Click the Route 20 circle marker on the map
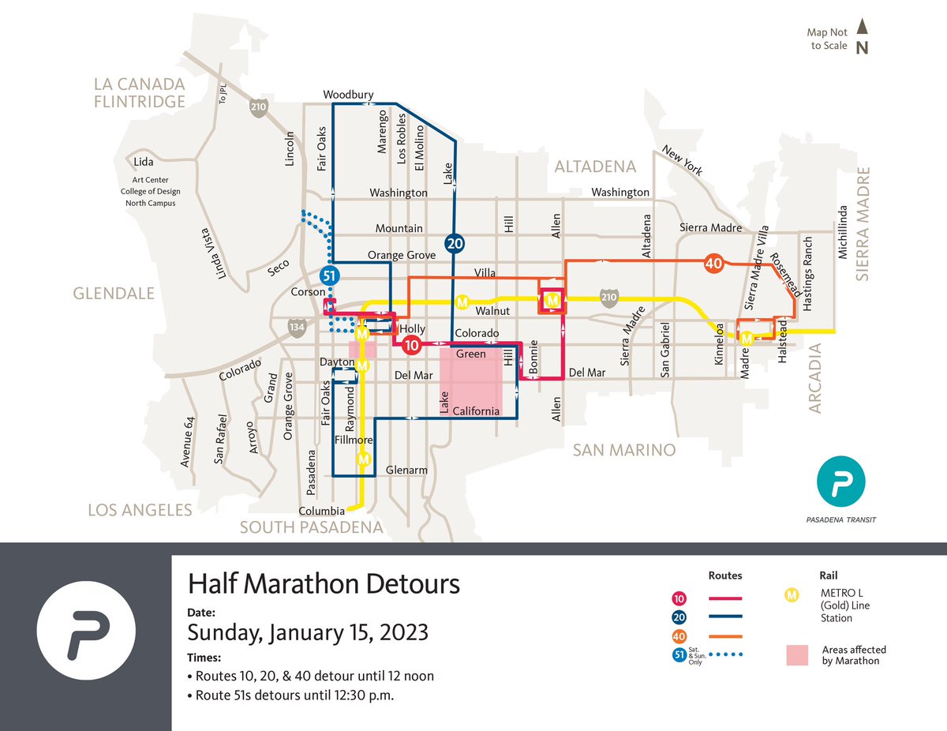pyautogui.click(x=455, y=243)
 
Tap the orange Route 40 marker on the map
pyautogui.click(x=713, y=264)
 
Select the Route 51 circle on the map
pyautogui.click(x=330, y=276)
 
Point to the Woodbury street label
pyautogui.click(x=348, y=95)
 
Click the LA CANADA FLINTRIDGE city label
pyautogui.click(x=139, y=92)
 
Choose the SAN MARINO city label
pyautogui.click(x=624, y=450)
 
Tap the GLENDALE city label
pyautogui.click(x=114, y=293)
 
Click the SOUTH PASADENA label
pyautogui.click(x=311, y=527)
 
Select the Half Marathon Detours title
pyautogui.click(x=324, y=584)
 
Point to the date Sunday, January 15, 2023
pyautogui.click(x=308, y=632)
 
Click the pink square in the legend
pyautogui.click(x=797, y=655)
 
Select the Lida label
pyautogui.click(x=144, y=162)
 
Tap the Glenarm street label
pyautogui.click(x=406, y=470)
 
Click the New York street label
pyautogui.click(x=682, y=160)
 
